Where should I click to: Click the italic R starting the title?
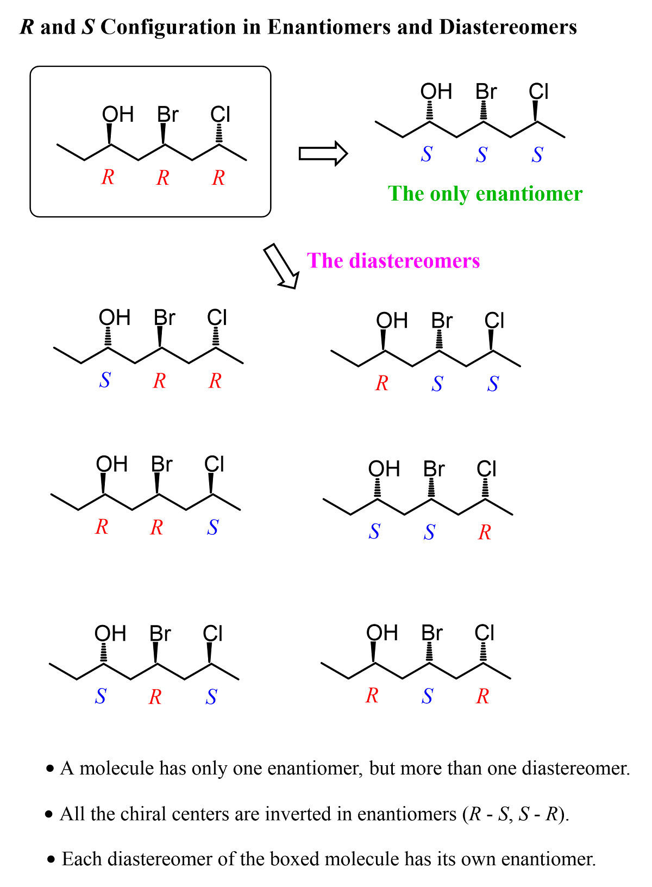(27, 27)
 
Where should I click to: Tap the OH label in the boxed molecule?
(117, 115)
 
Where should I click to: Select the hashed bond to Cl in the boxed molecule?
(219, 134)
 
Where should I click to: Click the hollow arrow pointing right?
(323, 154)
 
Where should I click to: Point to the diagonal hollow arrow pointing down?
(281, 266)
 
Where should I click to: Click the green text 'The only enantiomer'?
(485, 193)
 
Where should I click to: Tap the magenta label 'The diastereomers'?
(393, 261)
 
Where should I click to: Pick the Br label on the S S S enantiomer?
(486, 92)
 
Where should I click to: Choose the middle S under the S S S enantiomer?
(481, 155)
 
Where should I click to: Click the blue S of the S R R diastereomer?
(105, 380)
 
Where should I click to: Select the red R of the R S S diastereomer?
(382, 384)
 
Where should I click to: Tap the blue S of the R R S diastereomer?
(212, 527)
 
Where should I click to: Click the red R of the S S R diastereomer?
(485, 532)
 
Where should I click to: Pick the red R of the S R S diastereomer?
(155, 697)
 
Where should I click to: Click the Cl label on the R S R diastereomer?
(484, 633)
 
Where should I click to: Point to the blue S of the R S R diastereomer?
(427, 696)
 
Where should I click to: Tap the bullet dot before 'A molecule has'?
(51, 769)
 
